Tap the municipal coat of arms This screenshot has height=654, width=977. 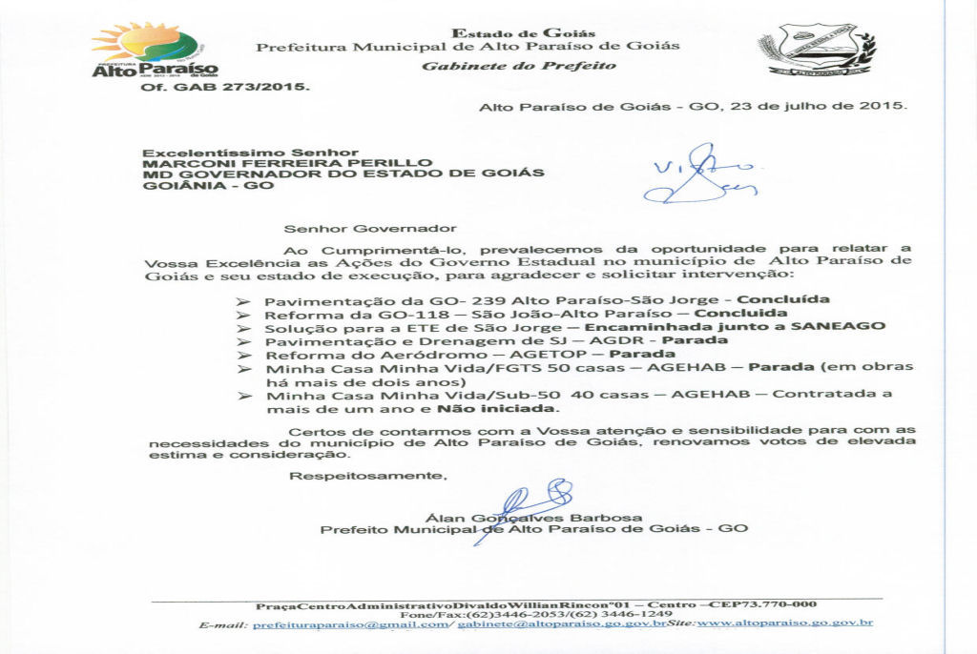click(817, 50)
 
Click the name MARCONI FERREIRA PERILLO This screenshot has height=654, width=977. click(287, 163)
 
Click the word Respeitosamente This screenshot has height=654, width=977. click(367, 475)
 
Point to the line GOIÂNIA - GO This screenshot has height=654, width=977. click(207, 185)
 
